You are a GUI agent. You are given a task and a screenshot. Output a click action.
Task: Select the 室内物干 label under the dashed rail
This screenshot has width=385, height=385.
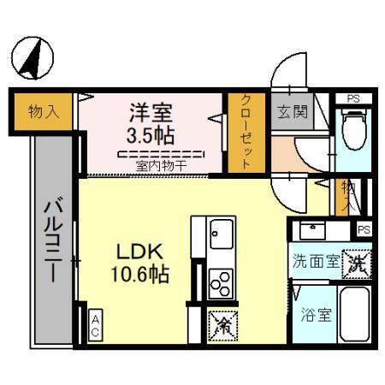[x=161, y=165]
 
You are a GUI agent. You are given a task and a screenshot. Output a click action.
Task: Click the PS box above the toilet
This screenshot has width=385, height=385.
[x=352, y=98]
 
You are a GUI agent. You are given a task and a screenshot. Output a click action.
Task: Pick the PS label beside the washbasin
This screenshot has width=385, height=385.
[x=364, y=229]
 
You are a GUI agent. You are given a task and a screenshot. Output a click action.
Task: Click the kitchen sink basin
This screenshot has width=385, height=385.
[x=221, y=232]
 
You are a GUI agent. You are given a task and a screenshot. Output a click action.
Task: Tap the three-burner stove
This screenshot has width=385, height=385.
[x=221, y=280]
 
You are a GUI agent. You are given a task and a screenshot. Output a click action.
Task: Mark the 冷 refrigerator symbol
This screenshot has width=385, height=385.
[x=220, y=324]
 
